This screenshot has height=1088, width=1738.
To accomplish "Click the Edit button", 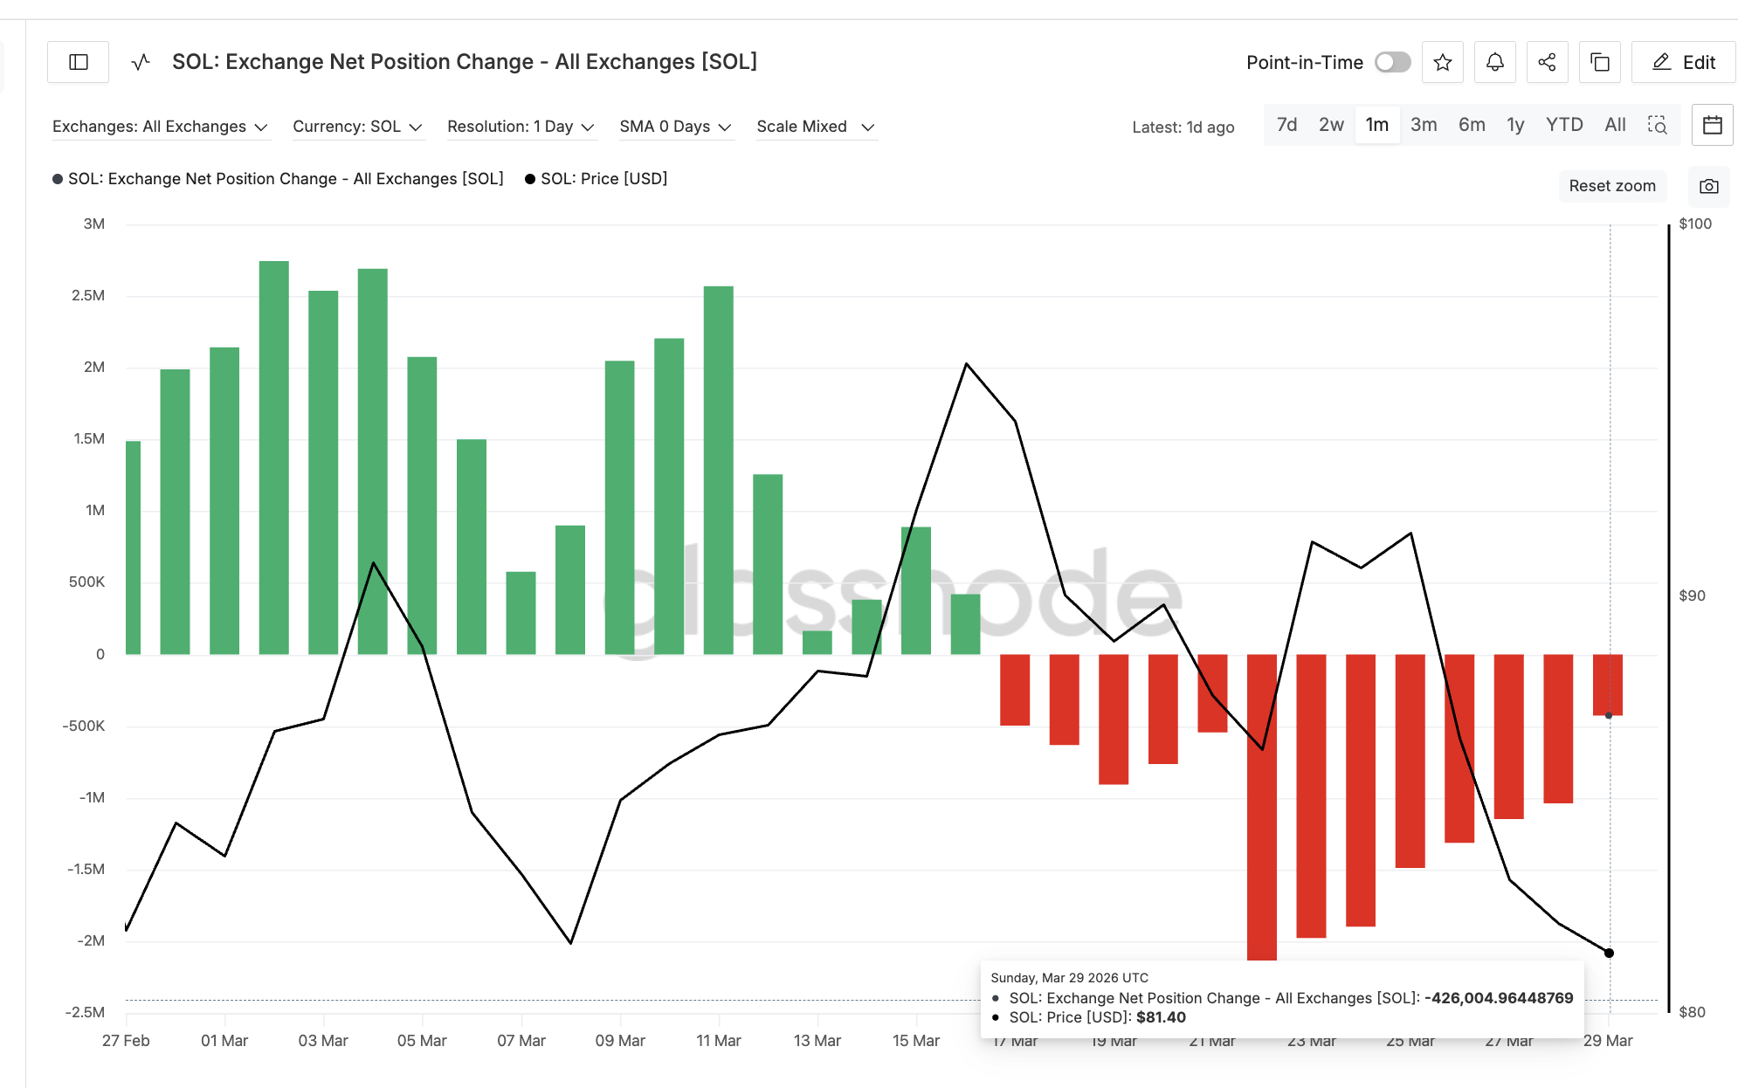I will coord(1683,62).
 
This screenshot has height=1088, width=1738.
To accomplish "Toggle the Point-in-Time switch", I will coord(1392,62).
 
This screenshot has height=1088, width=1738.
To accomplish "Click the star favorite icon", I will coord(1443,62).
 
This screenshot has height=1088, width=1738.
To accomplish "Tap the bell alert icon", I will coord(1495,62).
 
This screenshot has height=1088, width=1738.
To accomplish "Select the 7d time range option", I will coord(1286,125).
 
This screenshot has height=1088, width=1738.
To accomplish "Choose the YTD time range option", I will coord(1563,125).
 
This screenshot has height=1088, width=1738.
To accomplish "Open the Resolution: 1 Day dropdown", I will coord(521,127).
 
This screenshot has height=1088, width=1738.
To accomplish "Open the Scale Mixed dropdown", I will coord(815,127).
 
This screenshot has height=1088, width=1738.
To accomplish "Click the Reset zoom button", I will coord(1612,186).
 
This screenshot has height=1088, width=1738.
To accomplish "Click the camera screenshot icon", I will coord(1709,186).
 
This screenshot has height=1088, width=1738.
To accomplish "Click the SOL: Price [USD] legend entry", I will coord(603,179).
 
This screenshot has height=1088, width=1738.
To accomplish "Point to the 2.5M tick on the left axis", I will coord(88,296).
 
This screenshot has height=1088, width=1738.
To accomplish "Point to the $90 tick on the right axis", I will coord(1692,596).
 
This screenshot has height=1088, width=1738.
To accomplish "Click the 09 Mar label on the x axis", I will coord(620,1041).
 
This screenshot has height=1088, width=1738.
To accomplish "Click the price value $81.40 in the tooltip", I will coord(1161,1017).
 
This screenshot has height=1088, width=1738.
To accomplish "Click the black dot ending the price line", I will coord(1610,953).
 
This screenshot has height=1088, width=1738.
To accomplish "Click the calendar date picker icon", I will coord(1712,125).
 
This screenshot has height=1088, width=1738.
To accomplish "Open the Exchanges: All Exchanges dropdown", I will coord(160,127).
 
